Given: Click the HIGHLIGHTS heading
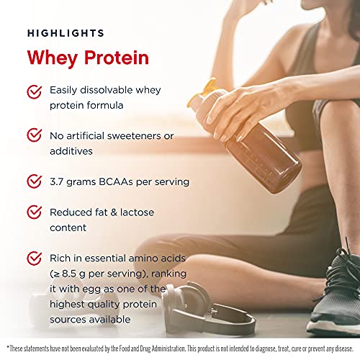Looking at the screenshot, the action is (x=66, y=33).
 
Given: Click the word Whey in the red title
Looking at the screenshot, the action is (x=53, y=58).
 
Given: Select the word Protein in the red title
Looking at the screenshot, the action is (x=117, y=58).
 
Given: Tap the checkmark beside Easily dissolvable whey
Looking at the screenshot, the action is (x=34, y=92).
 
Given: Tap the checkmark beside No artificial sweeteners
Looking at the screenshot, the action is (x=34, y=135).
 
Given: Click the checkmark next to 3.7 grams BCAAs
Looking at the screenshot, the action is (x=34, y=181).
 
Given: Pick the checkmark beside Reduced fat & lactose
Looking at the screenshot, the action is (x=34, y=212).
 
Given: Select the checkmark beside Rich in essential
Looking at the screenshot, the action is (x=34, y=258).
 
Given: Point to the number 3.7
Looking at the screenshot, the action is (x=57, y=181).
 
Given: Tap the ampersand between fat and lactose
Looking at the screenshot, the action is (x=114, y=212).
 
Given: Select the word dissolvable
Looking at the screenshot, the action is (x=107, y=90).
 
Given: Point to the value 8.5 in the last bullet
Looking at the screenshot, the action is (x=69, y=274).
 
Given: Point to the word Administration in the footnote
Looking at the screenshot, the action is (x=168, y=348).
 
